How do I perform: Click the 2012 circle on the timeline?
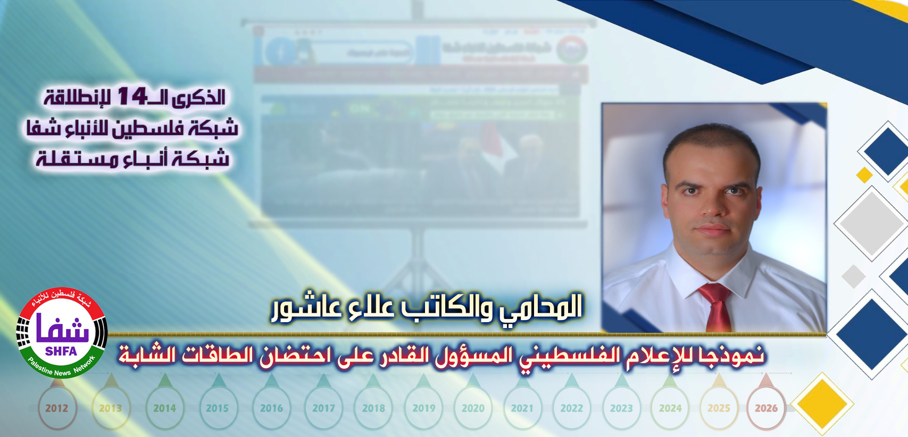coord(57,408)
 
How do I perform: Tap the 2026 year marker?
coord(766,408)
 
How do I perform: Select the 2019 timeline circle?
coord(424,408)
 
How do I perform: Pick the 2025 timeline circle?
coord(719,408)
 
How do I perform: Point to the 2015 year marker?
coord(217,408)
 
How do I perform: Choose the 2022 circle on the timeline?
coord(572,408)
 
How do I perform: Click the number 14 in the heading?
coord(132,96)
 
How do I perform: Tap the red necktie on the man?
coord(715,308)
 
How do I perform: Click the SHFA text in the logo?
coord(61,351)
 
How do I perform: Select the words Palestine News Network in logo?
coord(62,368)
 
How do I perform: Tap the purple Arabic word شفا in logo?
coord(62,330)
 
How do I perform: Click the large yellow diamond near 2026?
coord(822,404)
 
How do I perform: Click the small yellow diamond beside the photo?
coord(864,174)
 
